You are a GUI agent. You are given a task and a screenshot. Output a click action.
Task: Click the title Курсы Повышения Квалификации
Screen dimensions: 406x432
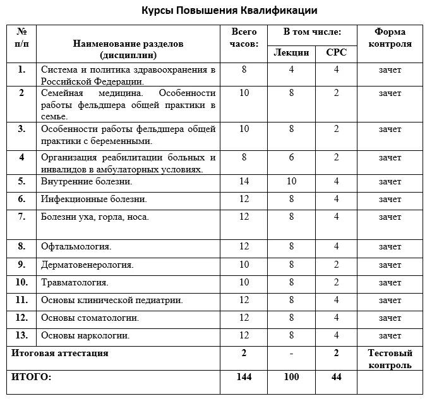(x=229, y=11)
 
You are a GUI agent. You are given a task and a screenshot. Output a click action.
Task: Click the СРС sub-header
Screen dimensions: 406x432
(x=336, y=52)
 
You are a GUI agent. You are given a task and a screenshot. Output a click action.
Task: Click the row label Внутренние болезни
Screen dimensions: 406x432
(x=86, y=182)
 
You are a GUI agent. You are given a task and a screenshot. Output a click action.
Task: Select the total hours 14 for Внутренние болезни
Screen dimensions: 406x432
(x=244, y=182)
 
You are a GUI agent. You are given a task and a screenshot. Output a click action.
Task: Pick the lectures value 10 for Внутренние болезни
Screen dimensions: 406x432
(x=291, y=182)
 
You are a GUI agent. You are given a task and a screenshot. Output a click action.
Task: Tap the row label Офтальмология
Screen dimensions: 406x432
(x=76, y=247)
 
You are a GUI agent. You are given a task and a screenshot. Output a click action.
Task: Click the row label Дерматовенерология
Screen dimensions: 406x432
(x=87, y=265)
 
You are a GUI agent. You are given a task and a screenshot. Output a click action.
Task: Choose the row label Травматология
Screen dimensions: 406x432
(x=75, y=282)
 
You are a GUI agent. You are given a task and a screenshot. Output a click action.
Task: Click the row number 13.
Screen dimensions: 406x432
(x=22, y=335)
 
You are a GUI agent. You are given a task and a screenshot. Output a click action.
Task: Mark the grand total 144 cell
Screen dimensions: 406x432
(x=244, y=377)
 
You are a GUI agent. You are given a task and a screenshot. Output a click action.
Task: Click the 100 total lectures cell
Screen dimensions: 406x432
(x=291, y=377)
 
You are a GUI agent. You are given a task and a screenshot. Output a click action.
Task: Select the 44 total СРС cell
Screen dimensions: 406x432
(x=336, y=377)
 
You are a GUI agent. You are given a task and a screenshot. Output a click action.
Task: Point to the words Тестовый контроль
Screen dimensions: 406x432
(x=390, y=359)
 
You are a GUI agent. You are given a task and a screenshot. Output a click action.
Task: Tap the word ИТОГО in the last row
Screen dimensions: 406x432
(x=32, y=377)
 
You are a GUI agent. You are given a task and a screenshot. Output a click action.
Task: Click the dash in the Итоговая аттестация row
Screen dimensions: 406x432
(x=291, y=354)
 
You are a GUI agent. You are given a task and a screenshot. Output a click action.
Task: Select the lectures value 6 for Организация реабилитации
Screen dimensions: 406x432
(x=291, y=158)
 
